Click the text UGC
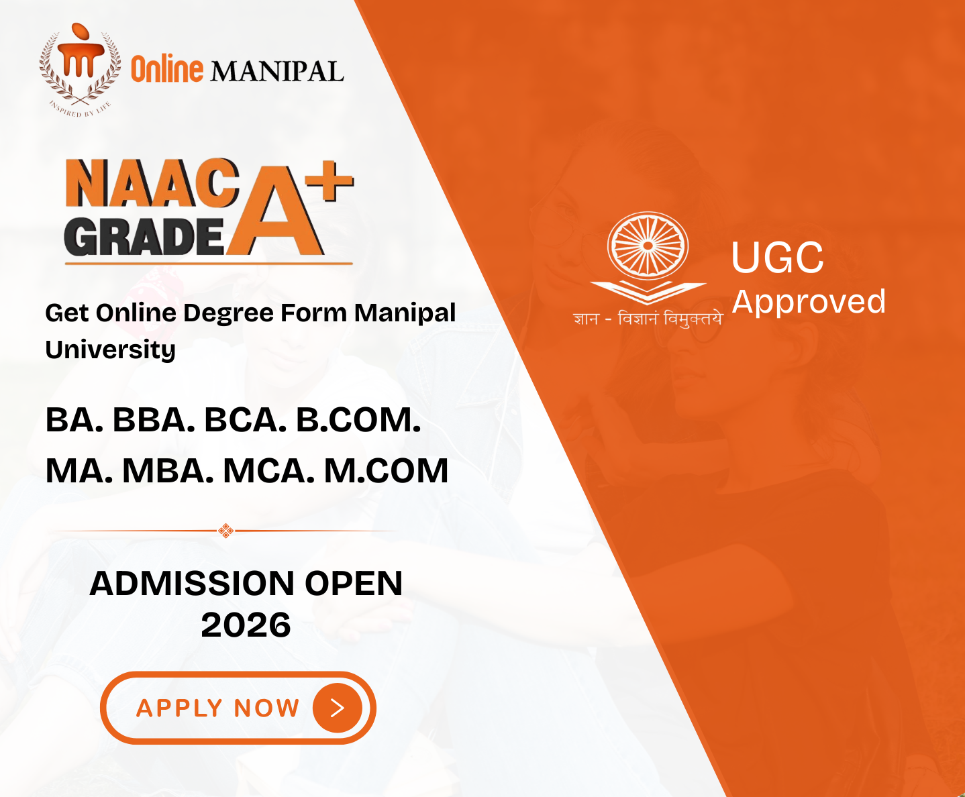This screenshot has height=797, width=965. [777, 257]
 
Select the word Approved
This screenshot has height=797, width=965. [809, 302]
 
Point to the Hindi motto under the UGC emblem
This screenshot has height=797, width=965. [647, 319]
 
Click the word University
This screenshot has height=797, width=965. [111, 350]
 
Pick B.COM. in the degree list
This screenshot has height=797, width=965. [358, 420]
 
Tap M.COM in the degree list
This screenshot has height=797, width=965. [387, 471]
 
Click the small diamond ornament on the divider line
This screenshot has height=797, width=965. [225, 531]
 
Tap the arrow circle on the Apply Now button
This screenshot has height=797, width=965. [338, 708]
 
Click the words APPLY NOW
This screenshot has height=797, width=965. [217, 708]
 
